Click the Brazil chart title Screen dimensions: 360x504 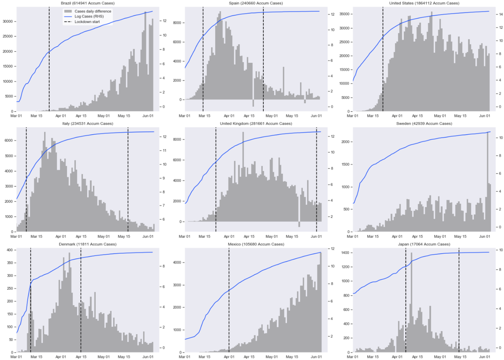pyautogui.click(x=88, y=3)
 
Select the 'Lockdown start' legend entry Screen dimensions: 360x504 pyautogui.click(x=87, y=22)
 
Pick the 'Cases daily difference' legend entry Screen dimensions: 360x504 pyautogui.click(x=92, y=11)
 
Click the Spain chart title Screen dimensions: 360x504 pyautogui.click(x=256, y=3)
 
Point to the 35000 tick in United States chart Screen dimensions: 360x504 pyautogui.click(x=344, y=14)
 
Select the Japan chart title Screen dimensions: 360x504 pyautogui.click(x=424, y=244)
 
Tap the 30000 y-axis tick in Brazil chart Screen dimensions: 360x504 pyautogui.click(x=7, y=22)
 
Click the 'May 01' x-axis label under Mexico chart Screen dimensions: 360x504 pyautogui.click(x=271, y=357)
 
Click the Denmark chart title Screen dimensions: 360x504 pyautogui.click(x=88, y=244)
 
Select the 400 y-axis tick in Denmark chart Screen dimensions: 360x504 pyautogui.click(x=10, y=250)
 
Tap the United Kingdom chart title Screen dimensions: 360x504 pyautogui.click(x=256, y=124)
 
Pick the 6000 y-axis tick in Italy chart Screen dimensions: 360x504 pyautogui.click(x=8, y=141)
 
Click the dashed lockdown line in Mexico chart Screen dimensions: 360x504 pyautogui.click(x=229, y=300)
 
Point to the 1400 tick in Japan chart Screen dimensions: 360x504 pyautogui.click(x=345, y=253)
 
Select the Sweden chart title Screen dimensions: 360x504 pyautogui.click(x=424, y=124)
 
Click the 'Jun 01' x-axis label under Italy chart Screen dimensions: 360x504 pyautogui.click(x=148, y=236)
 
